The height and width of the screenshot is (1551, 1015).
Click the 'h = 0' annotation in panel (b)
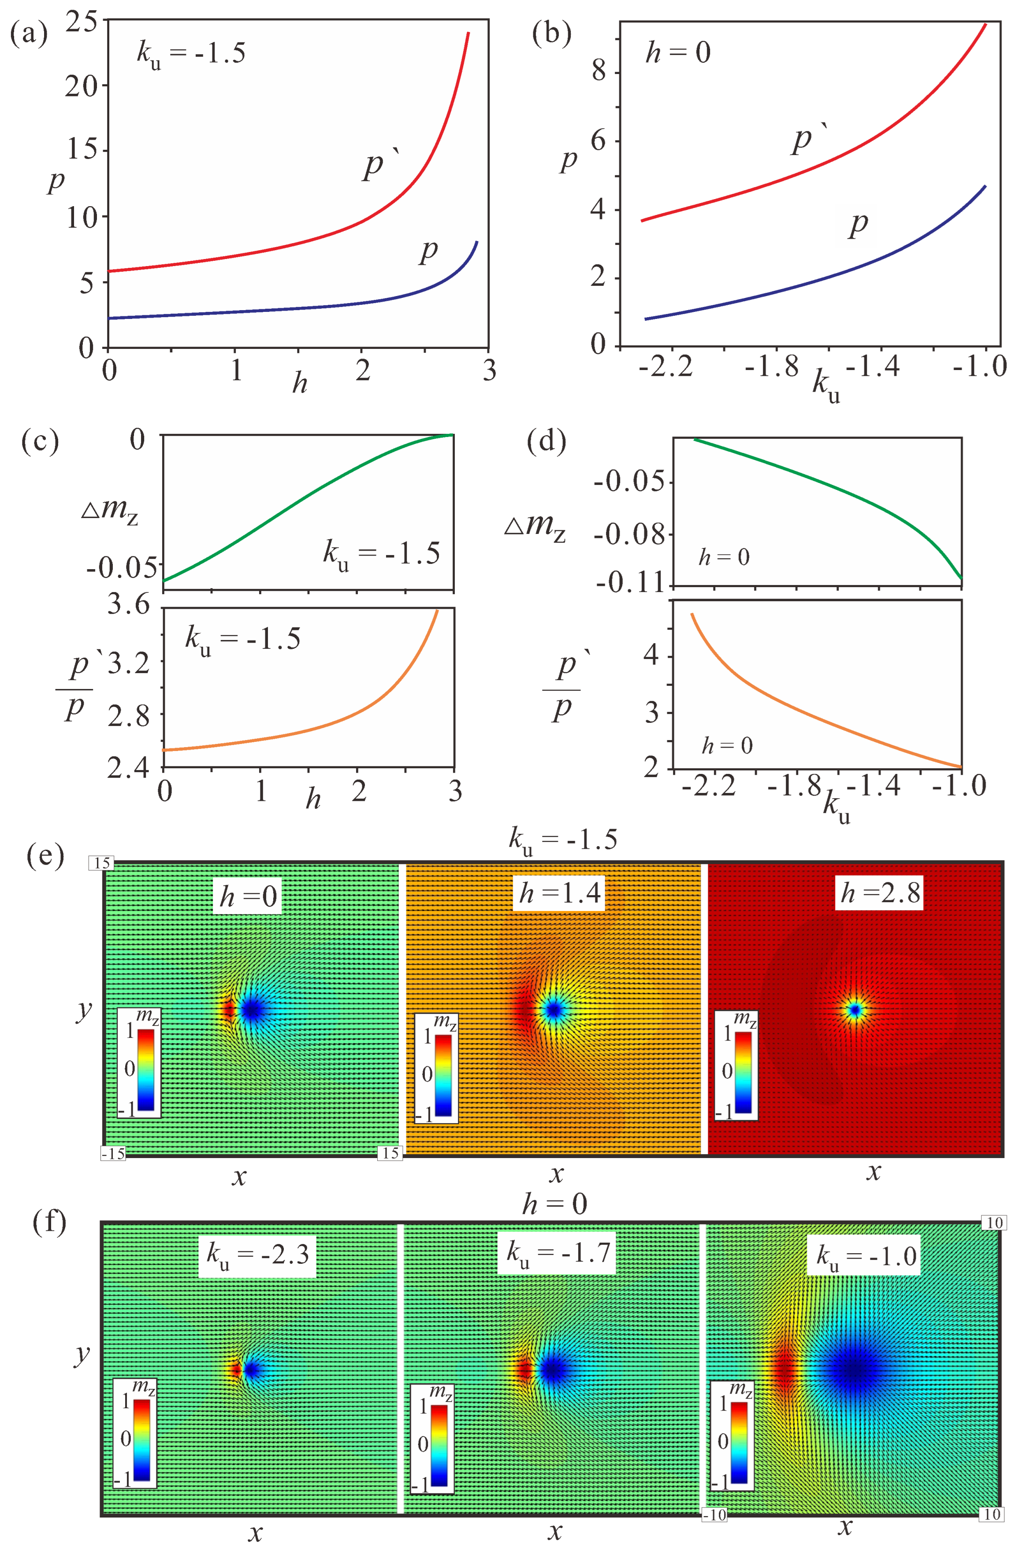pyautogui.click(x=677, y=52)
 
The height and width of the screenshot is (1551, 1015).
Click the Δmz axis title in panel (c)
pyautogui.click(x=109, y=508)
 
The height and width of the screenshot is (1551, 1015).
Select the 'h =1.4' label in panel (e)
pyautogui.click(x=559, y=892)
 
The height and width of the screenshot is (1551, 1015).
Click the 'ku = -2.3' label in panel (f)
pyautogui.click(x=257, y=1253)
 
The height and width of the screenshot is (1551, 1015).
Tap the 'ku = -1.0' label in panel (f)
pyautogui.click(x=867, y=1255)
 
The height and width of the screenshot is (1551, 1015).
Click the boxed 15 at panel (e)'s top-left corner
pyautogui.click(x=102, y=863)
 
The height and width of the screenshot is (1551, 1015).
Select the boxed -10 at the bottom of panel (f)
pyautogui.click(x=714, y=1514)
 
